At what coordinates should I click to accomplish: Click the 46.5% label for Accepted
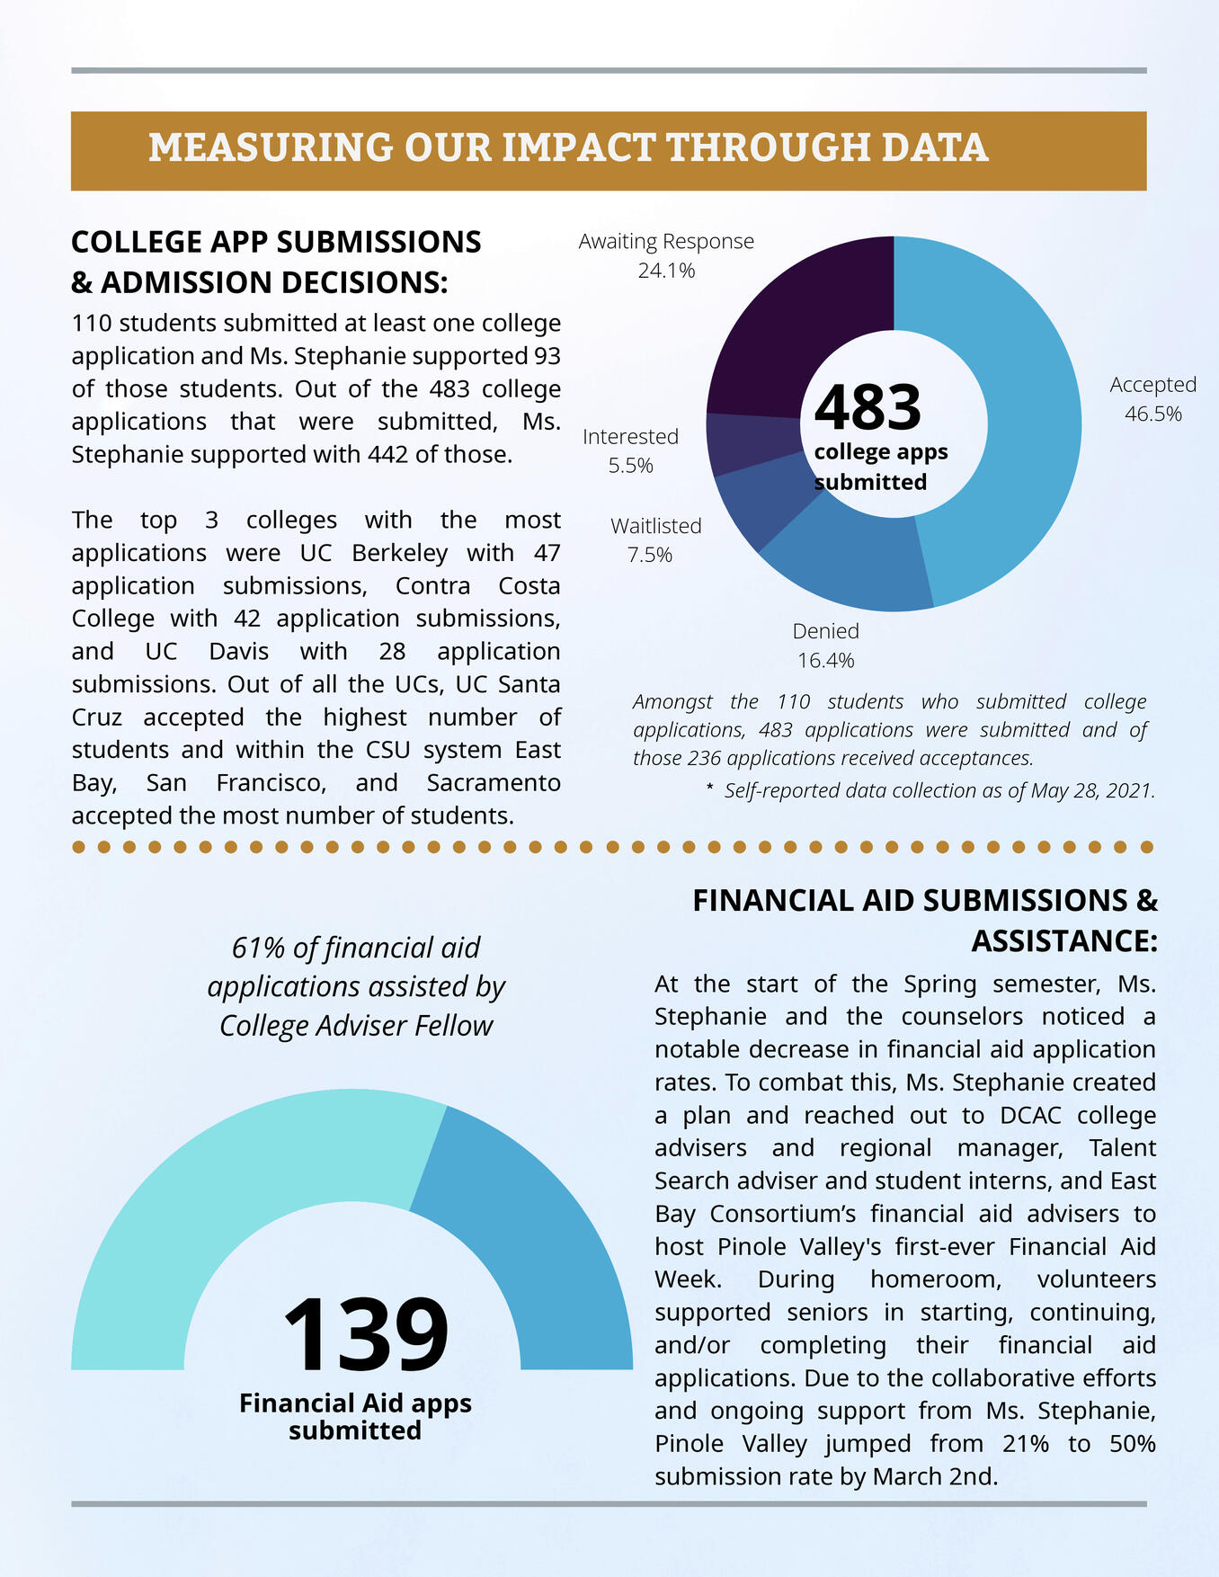[1153, 414]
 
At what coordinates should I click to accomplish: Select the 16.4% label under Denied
[825, 661]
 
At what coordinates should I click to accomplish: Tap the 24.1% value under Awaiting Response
[666, 271]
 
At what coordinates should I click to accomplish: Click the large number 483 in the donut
[868, 407]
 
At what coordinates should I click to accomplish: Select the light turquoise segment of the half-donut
[225, 1214]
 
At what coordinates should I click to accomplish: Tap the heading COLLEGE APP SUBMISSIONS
[276, 242]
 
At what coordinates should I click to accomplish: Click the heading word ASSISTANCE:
[1063, 940]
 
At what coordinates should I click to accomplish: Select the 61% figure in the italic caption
[259, 948]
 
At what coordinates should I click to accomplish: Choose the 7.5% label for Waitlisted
[649, 555]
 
